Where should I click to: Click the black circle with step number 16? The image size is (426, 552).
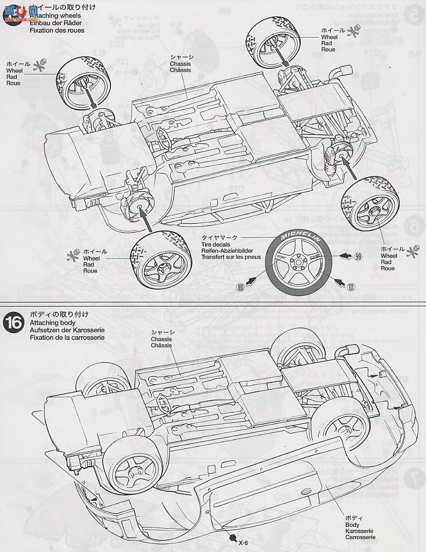13,322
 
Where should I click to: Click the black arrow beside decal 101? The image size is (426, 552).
337,281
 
